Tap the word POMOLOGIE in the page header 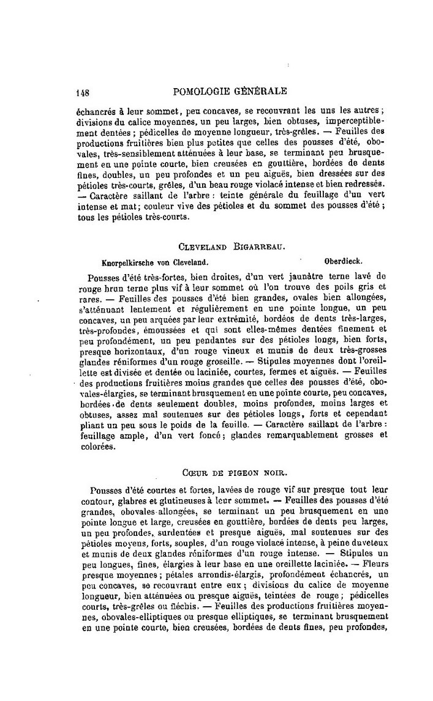pos(205,92)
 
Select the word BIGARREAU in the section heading pos(261,247)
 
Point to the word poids pos(187,423)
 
